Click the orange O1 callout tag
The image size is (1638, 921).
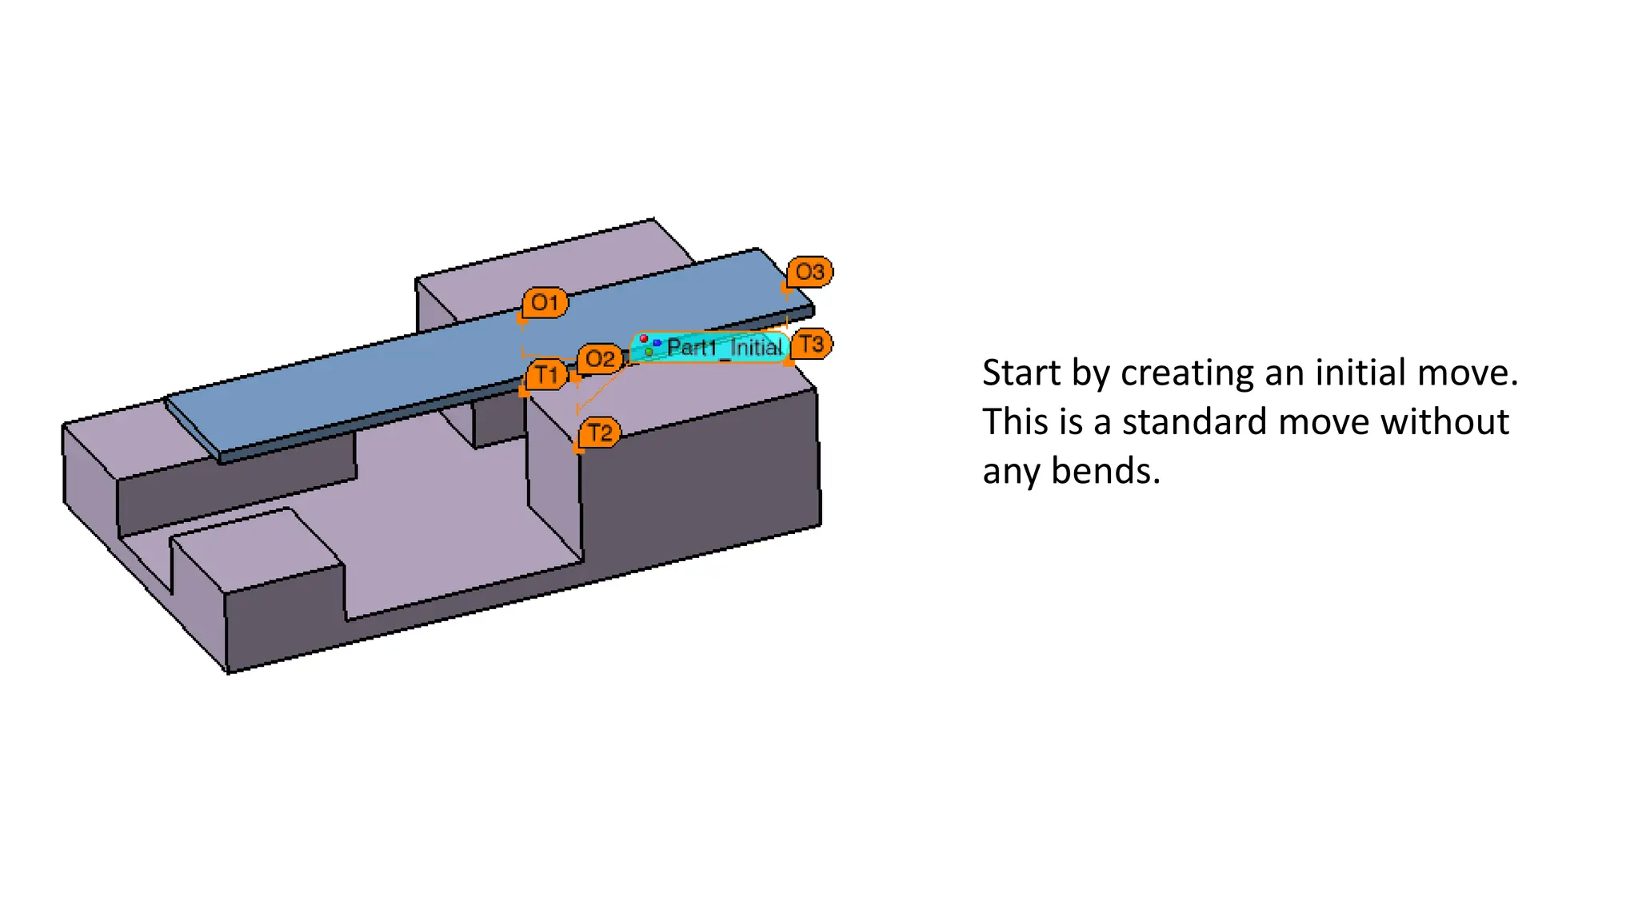click(x=545, y=303)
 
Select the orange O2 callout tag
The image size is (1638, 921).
click(x=600, y=359)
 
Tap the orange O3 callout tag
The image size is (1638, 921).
click(x=809, y=272)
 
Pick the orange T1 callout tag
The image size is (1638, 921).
click(x=548, y=374)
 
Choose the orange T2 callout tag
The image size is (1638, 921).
click(x=600, y=433)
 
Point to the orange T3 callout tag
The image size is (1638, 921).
click(x=812, y=344)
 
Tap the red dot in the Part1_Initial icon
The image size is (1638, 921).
click(x=644, y=340)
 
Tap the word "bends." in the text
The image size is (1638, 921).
click(x=1105, y=471)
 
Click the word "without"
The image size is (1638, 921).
click(x=1394, y=421)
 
